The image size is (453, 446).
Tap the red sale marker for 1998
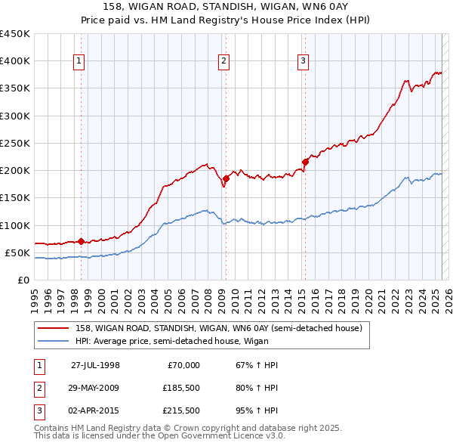81,242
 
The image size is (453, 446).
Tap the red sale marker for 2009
226,178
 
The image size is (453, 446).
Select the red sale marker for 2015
305,162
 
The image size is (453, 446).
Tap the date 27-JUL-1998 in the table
95,365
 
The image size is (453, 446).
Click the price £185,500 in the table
181,388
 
